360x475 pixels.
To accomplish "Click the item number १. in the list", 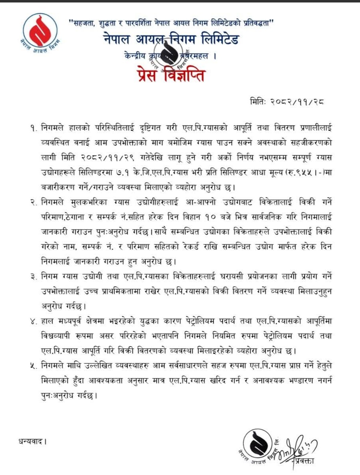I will [33, 128].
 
